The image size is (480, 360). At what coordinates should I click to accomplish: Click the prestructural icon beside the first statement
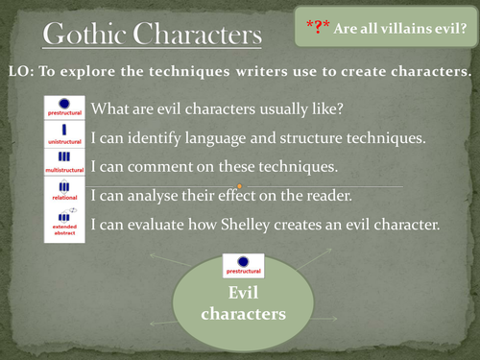click(x=63, y=108)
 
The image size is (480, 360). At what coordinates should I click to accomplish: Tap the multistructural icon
click(x=63, y=166)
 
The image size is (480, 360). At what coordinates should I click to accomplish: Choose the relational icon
click(x=63, y=195)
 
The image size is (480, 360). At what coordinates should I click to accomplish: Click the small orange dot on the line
click(x=239, y=184)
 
